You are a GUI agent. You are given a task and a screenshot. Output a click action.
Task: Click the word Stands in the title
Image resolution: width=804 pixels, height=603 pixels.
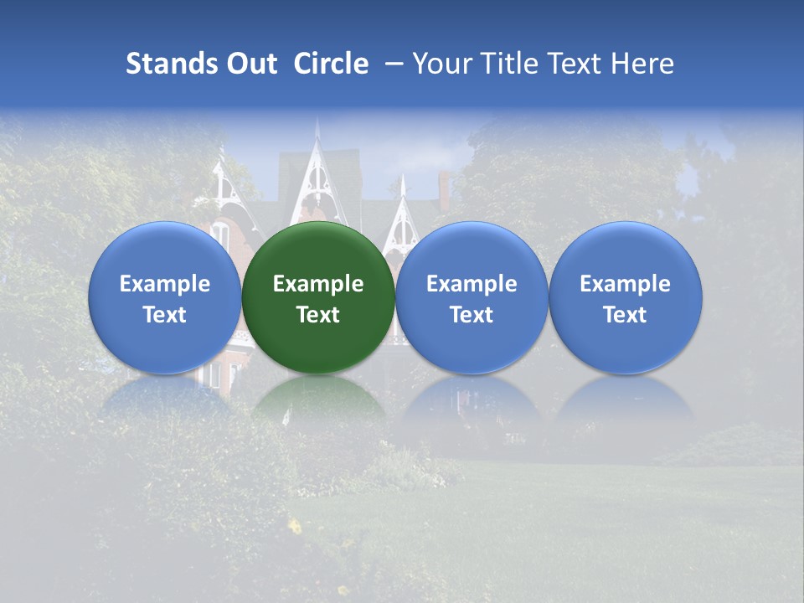(172, 64)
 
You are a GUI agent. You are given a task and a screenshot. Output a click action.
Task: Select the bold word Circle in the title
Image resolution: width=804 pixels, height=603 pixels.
(331, 64)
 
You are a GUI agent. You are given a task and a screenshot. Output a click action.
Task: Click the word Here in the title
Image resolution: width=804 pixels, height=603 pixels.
(642, 64)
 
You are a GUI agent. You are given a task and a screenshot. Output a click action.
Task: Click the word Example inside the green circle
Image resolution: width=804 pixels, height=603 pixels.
(318, 284)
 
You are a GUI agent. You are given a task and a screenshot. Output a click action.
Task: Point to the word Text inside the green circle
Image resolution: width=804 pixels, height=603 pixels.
(318, 315)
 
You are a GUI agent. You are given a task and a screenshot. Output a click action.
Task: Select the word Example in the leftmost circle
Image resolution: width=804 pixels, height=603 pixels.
(164, 284)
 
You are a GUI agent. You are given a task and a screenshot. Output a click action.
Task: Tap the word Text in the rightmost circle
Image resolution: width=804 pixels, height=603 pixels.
(626, 315)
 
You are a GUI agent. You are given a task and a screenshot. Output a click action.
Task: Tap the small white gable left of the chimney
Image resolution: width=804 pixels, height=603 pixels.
(402, 222)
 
